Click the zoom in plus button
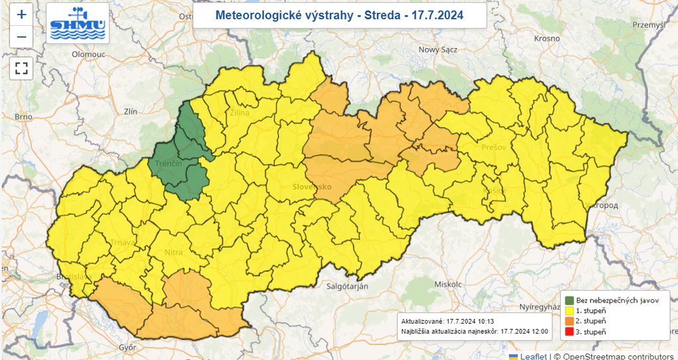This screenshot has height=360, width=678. point(21,14)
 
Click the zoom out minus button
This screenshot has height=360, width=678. point(21,36)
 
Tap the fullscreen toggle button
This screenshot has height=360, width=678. point(21,67)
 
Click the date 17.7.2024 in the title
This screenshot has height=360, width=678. point(436,15)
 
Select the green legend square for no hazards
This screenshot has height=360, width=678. point(569,300)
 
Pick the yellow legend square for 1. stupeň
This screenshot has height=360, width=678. point(569,310)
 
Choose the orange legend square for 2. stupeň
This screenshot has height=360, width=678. point(569,321)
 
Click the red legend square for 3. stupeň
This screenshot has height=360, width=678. point(569,332)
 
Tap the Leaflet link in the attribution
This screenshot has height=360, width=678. point(533,356)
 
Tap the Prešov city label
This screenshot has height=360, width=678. point(494,147)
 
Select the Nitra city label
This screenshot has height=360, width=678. point(173,253)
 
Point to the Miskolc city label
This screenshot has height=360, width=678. point(448,284)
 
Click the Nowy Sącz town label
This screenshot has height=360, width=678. point(438,50)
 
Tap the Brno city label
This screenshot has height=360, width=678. point(23,117)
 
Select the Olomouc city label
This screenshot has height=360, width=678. point(89,54)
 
